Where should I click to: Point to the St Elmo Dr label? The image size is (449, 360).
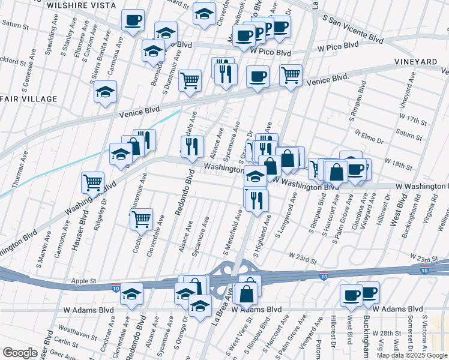click(x=369, y=137)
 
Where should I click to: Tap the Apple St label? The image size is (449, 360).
click(x=84, y=280)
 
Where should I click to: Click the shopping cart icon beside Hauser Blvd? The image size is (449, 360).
click(x=93, y=182)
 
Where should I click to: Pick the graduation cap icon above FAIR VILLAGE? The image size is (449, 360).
click(x=105, y=92)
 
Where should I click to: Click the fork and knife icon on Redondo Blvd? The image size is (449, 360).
click(x=192, y=146)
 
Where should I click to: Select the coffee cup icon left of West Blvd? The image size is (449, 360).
click(x=351, y=294)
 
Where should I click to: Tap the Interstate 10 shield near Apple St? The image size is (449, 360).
click(x=115, y=289)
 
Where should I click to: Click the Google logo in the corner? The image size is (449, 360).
click(x=20, y=353)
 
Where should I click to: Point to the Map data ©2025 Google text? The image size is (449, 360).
click(x=412, y=355)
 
